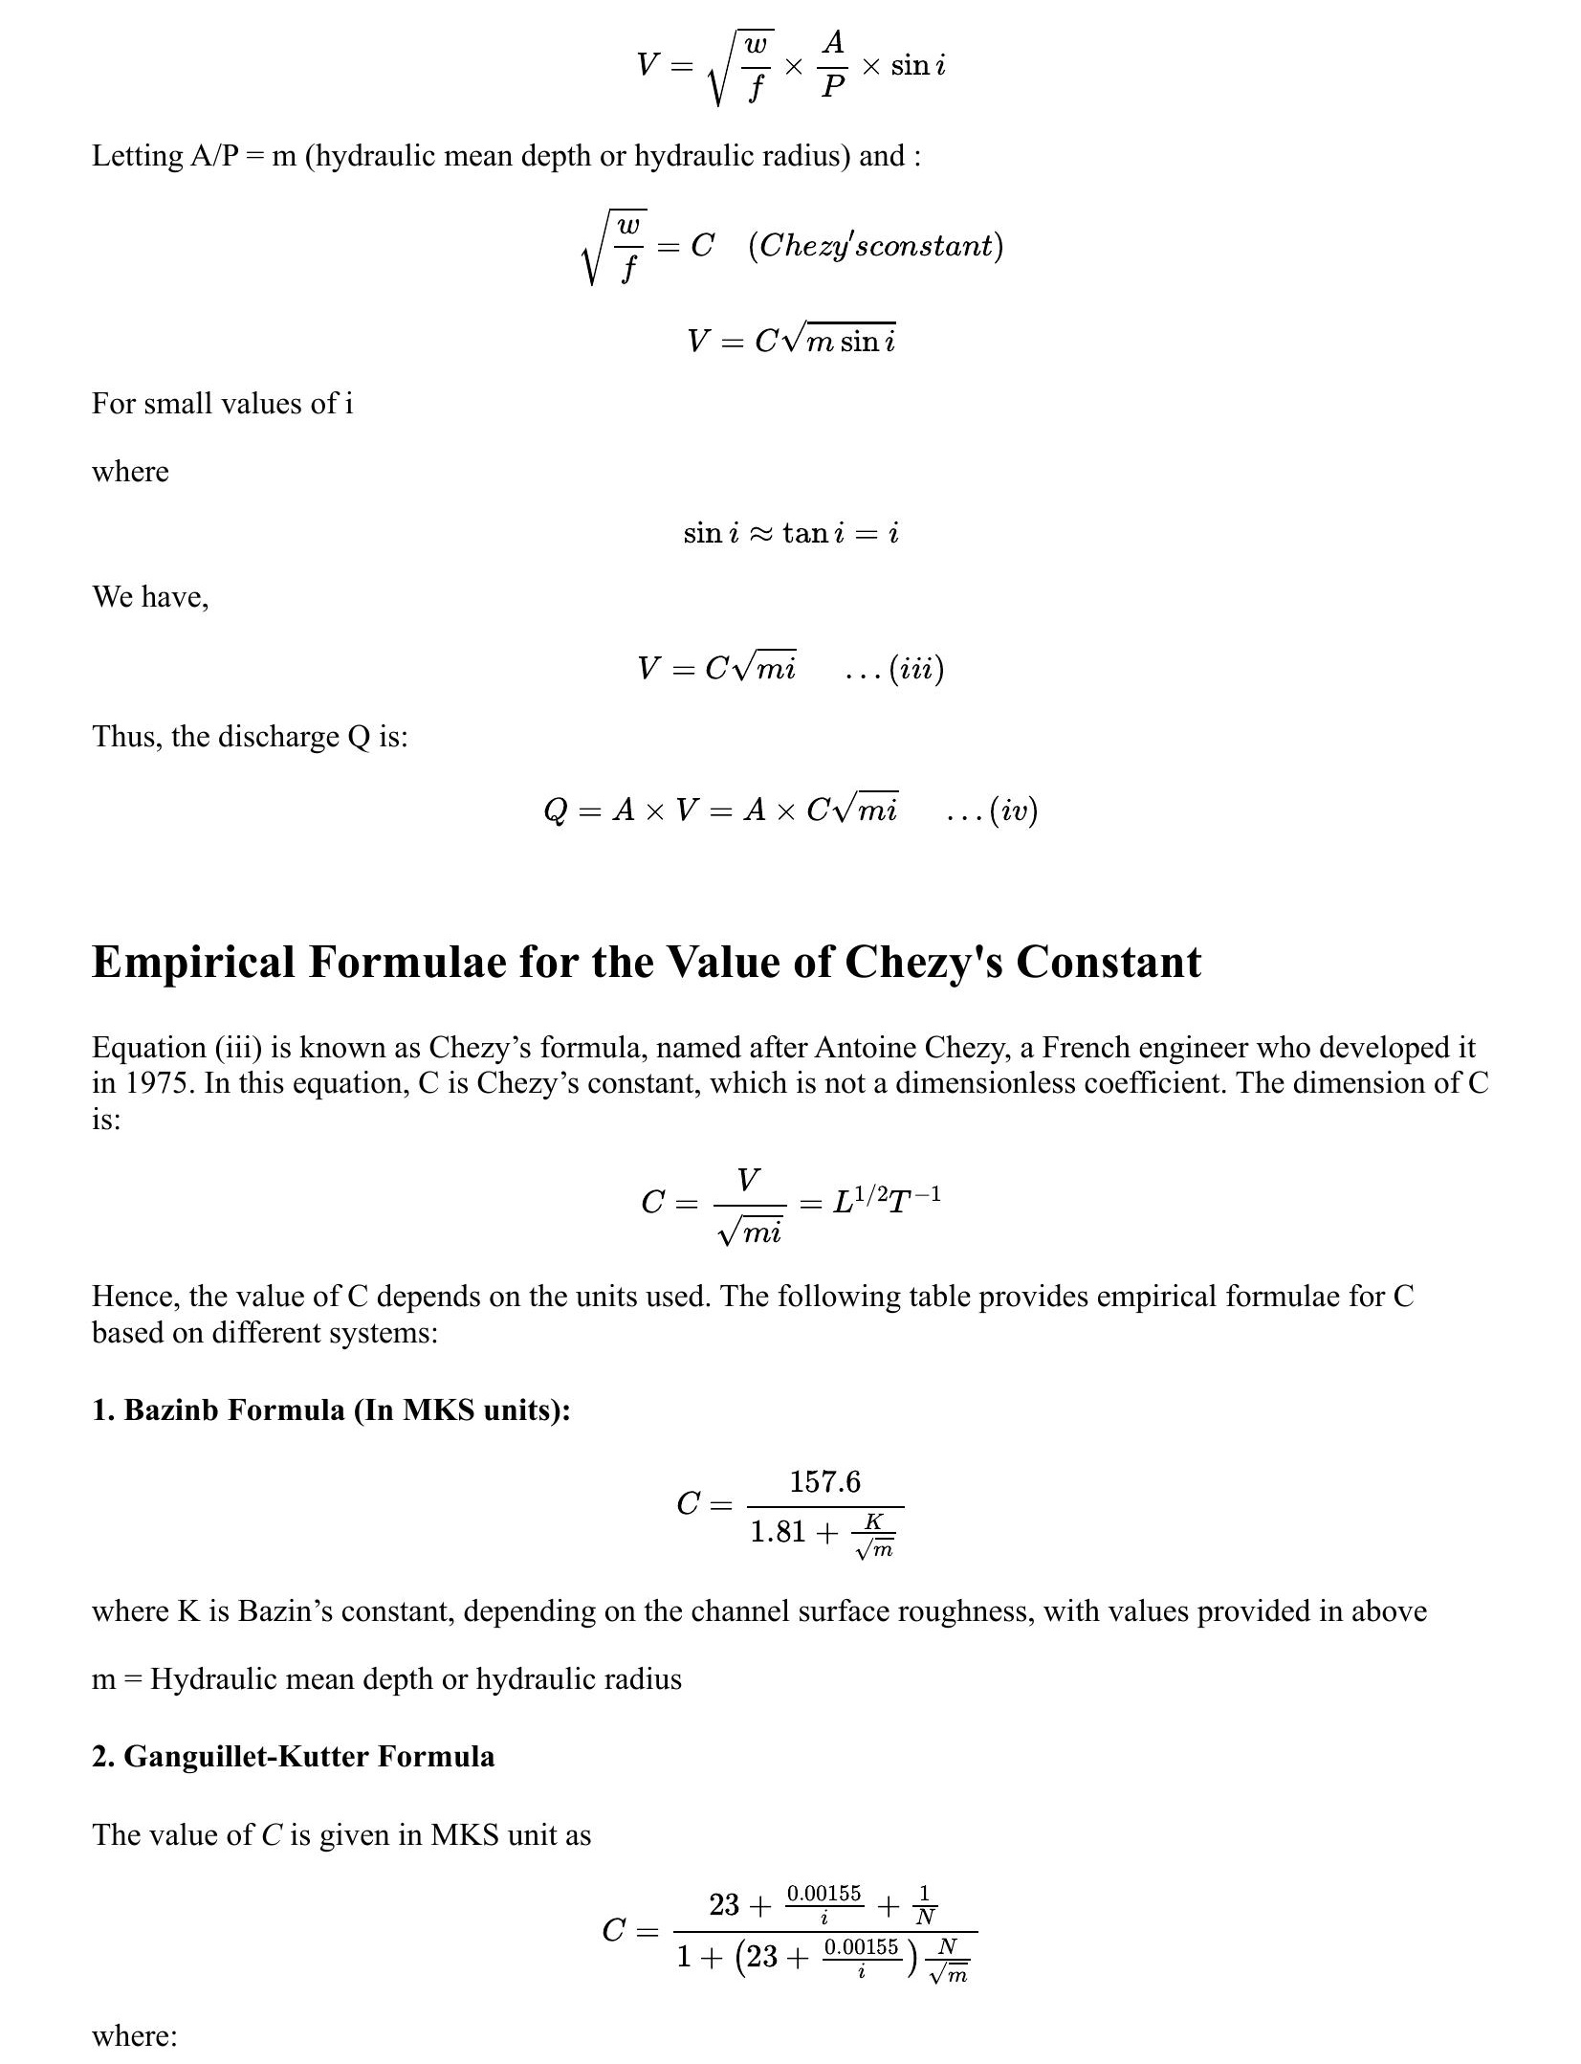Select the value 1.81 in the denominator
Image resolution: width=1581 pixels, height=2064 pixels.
778,1532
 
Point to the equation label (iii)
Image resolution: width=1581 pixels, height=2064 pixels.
915,668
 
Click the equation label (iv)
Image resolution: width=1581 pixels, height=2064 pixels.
1013,810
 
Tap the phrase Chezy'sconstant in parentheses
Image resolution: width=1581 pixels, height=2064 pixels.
875,246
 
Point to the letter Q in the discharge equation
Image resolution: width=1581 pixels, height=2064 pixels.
555,810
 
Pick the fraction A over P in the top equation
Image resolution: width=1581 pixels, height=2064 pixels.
833,64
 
